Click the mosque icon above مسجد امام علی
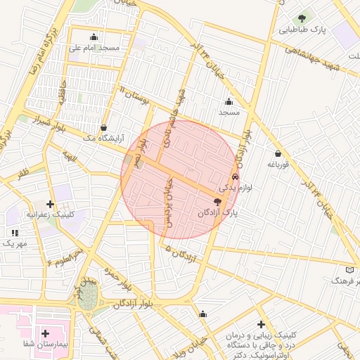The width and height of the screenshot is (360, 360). tap(94, 37)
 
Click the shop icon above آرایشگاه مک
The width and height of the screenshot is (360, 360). tap(105, 127)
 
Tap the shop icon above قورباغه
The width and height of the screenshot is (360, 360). tap(278, 154)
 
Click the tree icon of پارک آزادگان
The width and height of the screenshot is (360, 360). tap(225, 201)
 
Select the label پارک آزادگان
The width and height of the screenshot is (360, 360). tap(218, 212)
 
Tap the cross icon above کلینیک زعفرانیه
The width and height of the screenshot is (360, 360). tap(50, 204)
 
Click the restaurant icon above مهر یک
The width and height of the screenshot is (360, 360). tap(14, 232)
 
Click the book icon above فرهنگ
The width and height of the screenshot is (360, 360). tap(350, 269)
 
